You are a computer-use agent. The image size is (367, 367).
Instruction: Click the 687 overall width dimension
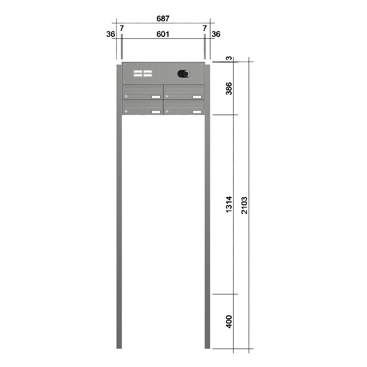163,18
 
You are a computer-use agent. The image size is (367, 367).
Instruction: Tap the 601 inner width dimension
163,34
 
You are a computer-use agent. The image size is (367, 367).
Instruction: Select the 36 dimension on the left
111,34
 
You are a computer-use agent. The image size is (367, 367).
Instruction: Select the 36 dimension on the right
216,34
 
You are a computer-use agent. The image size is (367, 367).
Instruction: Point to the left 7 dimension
122,28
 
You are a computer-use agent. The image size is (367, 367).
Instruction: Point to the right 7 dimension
205,28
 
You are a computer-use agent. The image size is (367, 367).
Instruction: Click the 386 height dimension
229,89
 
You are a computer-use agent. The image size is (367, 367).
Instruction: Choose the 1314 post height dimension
229,204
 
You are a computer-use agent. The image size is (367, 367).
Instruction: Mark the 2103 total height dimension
244,205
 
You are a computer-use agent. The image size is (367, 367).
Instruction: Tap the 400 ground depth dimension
229,321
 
